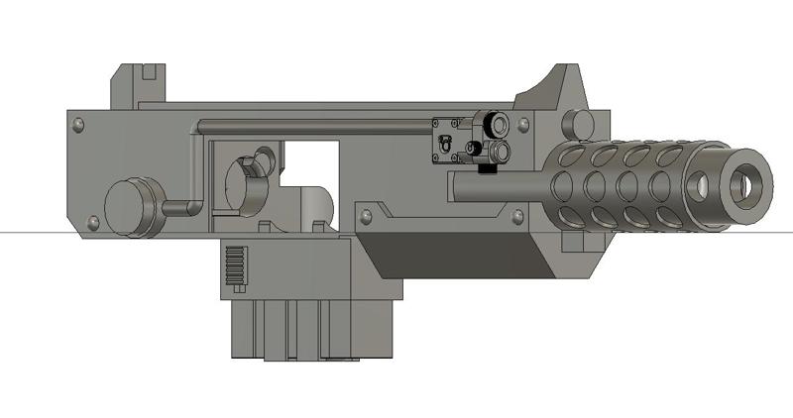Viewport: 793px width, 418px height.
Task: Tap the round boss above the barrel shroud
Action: [x=573, y=126]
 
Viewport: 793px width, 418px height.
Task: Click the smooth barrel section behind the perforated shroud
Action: [x=496, y=186]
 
